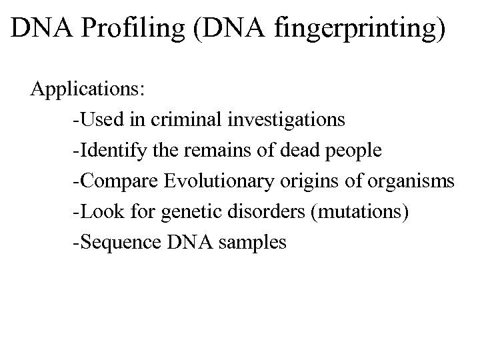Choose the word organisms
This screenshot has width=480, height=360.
tap(415, 181)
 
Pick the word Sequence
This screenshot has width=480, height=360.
tap(120, 242)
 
